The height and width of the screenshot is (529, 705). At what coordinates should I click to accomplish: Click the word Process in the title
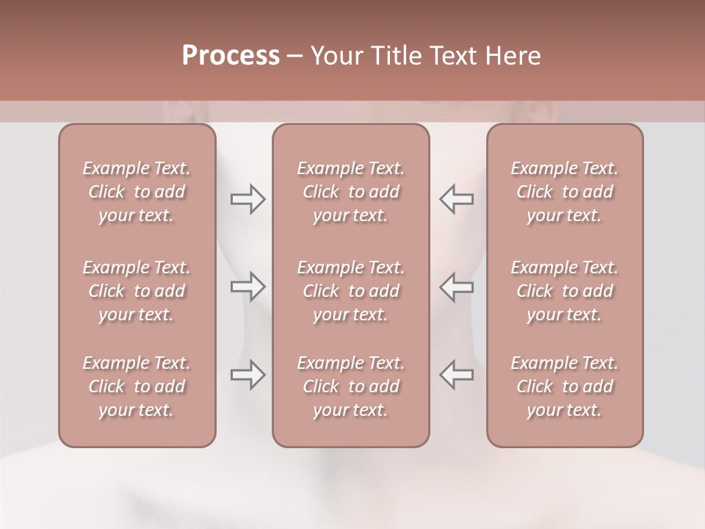point(231,56)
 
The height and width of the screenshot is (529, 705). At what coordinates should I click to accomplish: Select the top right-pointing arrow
point(248,199)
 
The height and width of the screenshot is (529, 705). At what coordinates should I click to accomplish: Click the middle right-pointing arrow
point(248,287)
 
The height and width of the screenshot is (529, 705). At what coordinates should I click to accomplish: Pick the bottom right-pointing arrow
point(248,375)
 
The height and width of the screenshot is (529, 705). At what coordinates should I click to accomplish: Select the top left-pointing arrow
point(457,199)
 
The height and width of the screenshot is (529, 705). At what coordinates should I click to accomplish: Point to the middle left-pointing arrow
point(457,287)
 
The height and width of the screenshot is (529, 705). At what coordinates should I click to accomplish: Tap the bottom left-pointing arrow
point(457,375)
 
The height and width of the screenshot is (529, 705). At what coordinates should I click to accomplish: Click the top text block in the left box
point(137,192)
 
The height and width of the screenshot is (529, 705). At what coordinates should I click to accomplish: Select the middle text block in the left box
point(137,291)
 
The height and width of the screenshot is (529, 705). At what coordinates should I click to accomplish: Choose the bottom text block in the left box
point(137,386)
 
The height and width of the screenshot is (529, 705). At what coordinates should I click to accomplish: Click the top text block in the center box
point(351,192)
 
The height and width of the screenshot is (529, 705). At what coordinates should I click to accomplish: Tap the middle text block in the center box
point(351,291)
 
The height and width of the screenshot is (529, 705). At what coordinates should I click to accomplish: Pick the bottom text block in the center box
point(351,386)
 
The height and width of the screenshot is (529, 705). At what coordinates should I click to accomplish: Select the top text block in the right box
point(565,192)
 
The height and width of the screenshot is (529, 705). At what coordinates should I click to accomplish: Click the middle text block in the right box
point(565,291)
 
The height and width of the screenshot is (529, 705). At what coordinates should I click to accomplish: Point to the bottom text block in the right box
point(565,386)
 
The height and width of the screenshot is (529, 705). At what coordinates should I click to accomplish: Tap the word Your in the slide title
point(335,56)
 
